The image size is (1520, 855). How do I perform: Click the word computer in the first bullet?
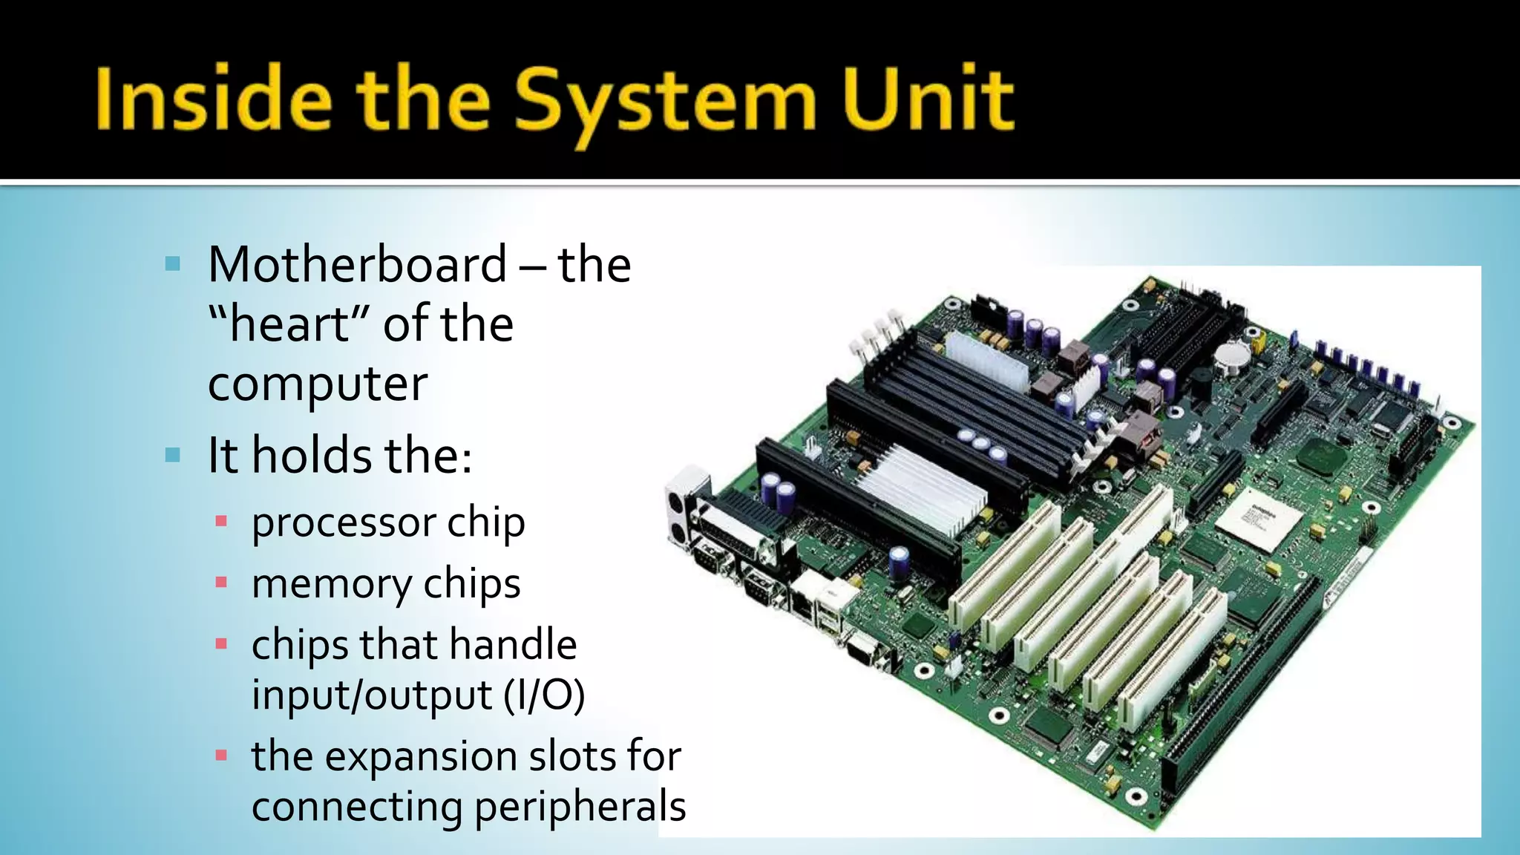317,384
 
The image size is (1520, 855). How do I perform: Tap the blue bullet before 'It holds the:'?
173,455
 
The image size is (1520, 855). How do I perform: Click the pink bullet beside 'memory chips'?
220,582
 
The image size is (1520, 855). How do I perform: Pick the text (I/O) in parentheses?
543,695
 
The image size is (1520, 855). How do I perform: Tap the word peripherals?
580,807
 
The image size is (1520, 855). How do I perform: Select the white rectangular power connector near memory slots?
987,361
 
